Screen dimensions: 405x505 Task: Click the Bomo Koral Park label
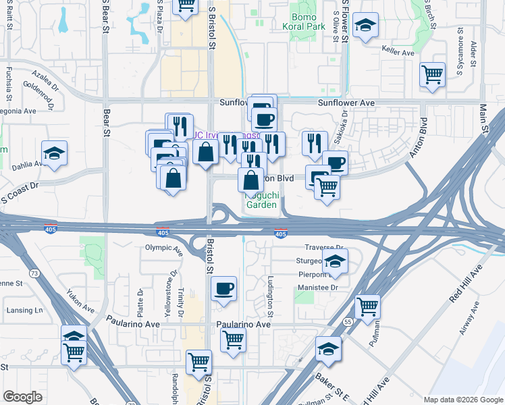pos(307,22)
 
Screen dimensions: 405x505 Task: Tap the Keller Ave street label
pos(398,52)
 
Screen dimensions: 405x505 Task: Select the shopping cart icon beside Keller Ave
pos(432,75)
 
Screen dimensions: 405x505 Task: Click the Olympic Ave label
pos(164,249)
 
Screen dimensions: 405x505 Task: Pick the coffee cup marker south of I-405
pos(223,289)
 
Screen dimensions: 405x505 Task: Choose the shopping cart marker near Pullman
pos(367,307)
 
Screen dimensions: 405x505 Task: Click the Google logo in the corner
pos(22,396)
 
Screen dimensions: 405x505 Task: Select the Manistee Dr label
pos(316,288)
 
